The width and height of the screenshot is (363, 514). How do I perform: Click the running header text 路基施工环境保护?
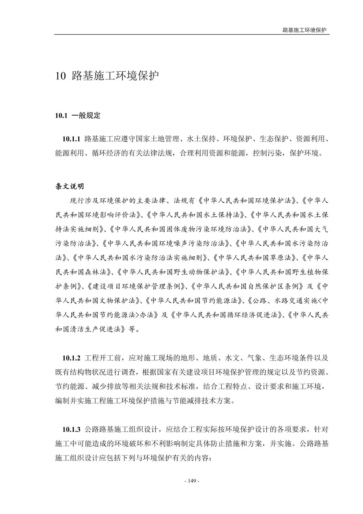305,30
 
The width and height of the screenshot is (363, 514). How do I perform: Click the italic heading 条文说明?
70,186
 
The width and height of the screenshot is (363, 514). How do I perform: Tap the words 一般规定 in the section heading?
86,116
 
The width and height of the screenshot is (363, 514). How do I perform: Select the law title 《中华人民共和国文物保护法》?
100,301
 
